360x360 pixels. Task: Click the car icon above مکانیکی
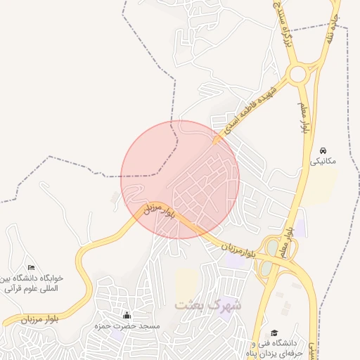point(323,151)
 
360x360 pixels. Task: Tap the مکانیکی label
point(324,161)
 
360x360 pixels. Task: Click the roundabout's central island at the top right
point(298,73)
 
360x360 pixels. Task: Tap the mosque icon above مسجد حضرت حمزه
point(127,316)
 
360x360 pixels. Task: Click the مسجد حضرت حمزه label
point(131,327)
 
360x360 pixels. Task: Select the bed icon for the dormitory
point(31,267)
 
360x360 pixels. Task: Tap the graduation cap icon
point(274,333)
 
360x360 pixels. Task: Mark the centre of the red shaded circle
point(180,179)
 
